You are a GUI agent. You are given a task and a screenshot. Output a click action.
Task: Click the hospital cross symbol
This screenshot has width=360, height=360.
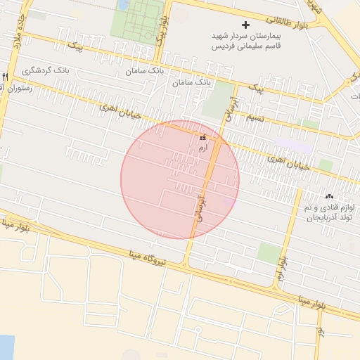click(x=245, y=25)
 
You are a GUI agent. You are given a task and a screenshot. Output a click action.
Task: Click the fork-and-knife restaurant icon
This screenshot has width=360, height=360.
click(x=5, y=77)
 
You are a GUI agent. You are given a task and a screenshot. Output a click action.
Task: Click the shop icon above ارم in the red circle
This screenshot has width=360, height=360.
click(x=204, y=139)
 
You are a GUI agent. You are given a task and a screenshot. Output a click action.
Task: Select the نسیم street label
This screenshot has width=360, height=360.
click(x=254, y=117)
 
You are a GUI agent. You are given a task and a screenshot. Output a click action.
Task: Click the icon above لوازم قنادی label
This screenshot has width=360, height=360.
click(x=329, y=195)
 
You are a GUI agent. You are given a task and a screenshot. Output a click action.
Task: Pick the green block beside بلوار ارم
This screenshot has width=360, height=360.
click(x=268, y=252)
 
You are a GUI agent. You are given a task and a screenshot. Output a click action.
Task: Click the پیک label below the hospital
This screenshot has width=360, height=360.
click(x=257, y=89)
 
